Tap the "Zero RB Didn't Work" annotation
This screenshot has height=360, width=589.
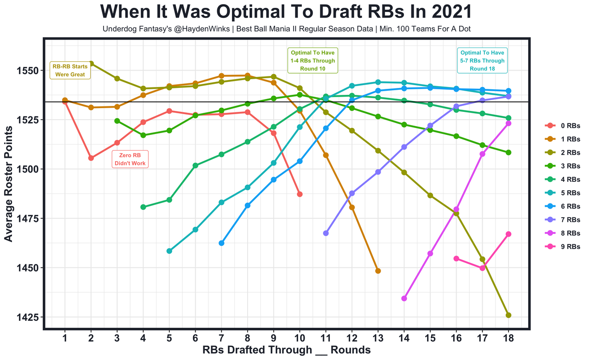tap(132, 159)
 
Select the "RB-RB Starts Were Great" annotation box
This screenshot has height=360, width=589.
tap(70, 70)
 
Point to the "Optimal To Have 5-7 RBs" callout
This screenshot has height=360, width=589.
tap(481, 60)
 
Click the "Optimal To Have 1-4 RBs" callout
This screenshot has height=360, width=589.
tap(312, 60)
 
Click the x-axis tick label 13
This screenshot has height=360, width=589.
tap(378, 337)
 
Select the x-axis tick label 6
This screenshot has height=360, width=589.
tap(195, 337)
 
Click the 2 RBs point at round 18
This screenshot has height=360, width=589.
tap(508, 315)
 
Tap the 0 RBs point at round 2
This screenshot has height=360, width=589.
tap(91, 158)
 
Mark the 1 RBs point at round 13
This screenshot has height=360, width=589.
tap(378, 271)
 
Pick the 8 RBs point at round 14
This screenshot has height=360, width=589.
tap(404, 298)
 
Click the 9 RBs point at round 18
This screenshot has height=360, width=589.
tap(508, 234)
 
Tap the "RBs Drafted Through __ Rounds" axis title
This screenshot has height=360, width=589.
tap(286, 350)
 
